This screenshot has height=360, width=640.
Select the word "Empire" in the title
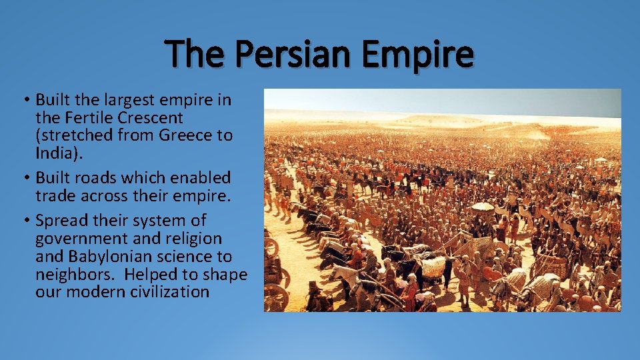(418, 54)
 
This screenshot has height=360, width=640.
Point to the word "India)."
(57, 153)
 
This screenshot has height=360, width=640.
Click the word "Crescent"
(159, 118)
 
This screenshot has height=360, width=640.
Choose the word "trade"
(57, 196)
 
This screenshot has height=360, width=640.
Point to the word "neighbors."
(75, 274)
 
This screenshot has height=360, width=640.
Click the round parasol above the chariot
(482, 207)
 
